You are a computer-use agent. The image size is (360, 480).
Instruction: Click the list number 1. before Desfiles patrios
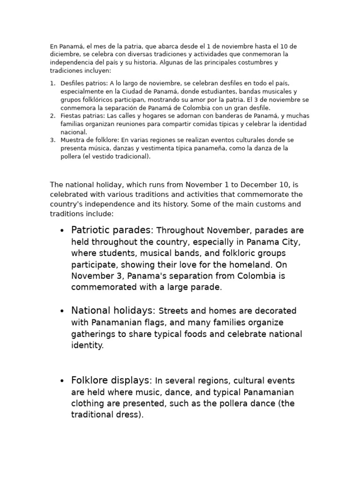(x=52, y=83)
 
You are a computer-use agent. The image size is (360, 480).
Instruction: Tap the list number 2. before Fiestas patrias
(x=52, y=116)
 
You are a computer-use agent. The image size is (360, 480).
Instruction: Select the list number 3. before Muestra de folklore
(x=52, y=140)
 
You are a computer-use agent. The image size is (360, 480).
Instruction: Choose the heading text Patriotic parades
(x=112, y=230)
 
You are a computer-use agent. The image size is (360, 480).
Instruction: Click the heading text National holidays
(x=113, y=310)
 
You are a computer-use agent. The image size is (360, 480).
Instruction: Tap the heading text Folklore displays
(x=112, y=380)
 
